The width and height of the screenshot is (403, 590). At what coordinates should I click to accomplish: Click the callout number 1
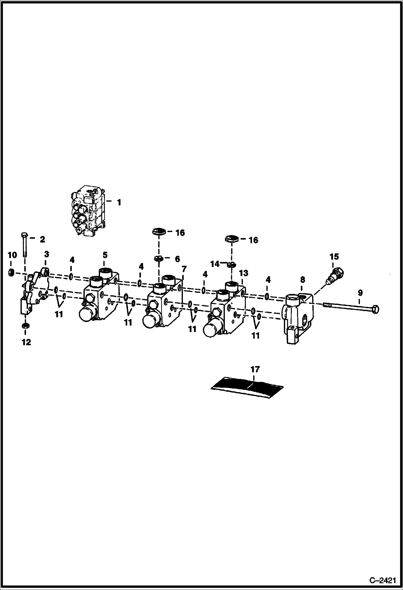119,202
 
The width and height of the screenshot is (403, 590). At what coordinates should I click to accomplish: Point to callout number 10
12,255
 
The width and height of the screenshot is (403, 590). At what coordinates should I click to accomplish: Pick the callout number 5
105,255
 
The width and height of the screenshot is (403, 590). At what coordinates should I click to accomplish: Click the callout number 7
184,269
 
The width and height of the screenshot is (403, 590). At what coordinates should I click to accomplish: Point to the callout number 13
243,273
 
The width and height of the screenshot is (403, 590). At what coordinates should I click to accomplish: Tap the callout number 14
215,264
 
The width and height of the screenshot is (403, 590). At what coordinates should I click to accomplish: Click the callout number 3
47,254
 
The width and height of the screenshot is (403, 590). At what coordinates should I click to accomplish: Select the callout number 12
26,342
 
